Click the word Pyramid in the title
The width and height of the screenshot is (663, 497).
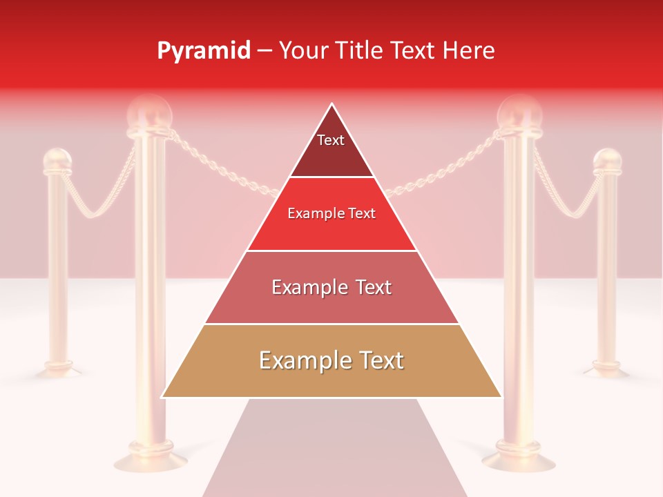[204, 51]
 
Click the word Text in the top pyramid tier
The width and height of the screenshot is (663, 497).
[331, 140]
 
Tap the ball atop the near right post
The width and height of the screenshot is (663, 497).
[519, 110]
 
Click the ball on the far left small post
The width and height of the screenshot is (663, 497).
[57, 161]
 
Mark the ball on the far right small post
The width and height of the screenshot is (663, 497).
[608, 161]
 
